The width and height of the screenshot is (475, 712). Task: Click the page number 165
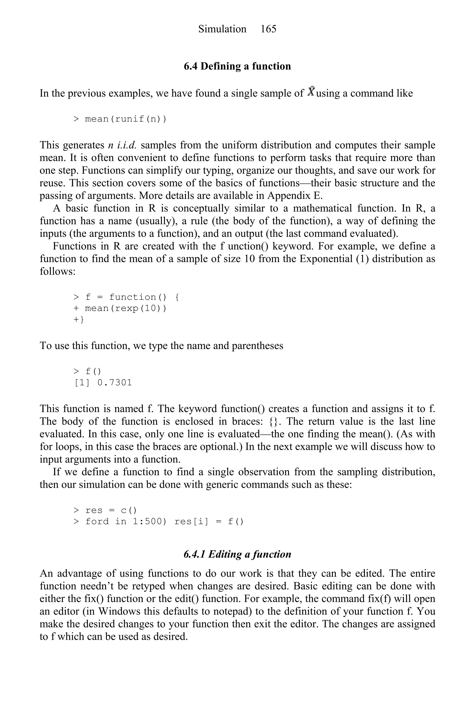[x=268, y=29]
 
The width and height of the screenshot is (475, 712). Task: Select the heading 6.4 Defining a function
[x=237, y=66]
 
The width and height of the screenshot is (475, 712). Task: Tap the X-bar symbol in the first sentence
[x=311, y=91]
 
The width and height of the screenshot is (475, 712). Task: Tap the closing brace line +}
[x=78, y=320]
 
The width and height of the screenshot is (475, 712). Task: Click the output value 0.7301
[x=115, y=383]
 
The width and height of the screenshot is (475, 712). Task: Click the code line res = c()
[x=105, y=510]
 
